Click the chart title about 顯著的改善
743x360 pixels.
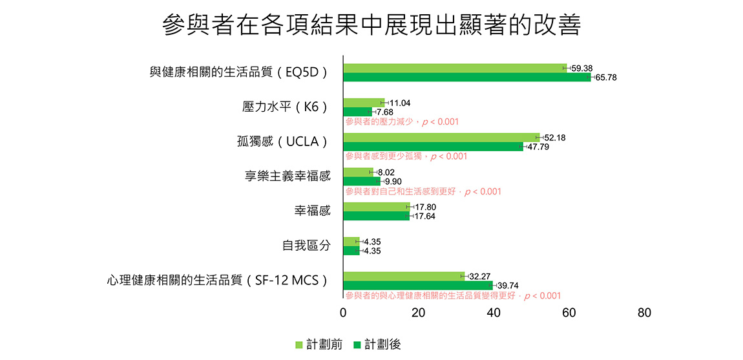tap(371, 26)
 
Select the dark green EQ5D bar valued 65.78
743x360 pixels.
tap(466, 78)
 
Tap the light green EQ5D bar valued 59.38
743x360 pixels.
tap(454, 68)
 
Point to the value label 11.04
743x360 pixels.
tap(400, 103)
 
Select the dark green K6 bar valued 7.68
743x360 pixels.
tap(357, 112)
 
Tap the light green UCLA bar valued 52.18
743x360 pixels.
tap(441, 138)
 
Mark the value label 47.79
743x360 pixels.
tap(538, 147)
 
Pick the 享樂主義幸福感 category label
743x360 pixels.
tap(288, 176)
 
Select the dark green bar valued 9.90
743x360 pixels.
tap(361, 181)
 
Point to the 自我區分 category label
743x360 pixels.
tap(306, 246)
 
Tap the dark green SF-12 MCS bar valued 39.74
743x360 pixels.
tap(417, 285)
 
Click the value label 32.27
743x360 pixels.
tap(479, 276)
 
